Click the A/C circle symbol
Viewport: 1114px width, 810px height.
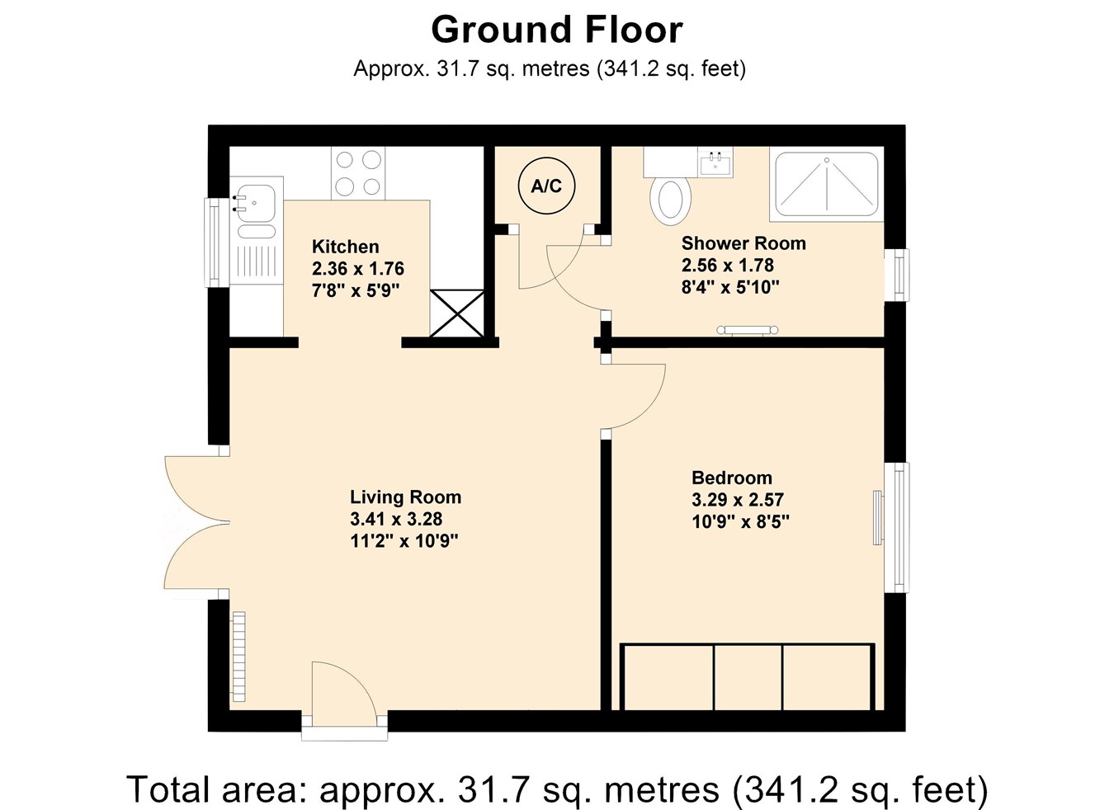(545, 186)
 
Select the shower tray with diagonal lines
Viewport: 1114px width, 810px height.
(826, 184)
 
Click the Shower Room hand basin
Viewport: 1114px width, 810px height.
(715, 162)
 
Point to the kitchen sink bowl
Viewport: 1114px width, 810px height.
(257, 200)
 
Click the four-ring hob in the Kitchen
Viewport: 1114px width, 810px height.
(358, 173)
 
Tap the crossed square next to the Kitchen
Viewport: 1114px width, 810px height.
(456, 313)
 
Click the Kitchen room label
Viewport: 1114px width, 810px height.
(345, 247)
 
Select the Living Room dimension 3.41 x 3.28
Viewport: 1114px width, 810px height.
(396, 519)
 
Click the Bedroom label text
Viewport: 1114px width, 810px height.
(731, 478)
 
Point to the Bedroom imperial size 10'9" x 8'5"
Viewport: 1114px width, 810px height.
(740, 521)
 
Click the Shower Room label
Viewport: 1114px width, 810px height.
(743, 243)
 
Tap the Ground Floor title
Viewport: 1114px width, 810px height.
(556, 31)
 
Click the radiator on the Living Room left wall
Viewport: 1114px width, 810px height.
(238, 656)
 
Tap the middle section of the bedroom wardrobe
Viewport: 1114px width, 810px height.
(747, 677)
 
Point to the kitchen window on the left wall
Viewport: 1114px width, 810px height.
(213, 242)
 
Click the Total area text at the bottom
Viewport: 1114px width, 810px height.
(556, 789)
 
